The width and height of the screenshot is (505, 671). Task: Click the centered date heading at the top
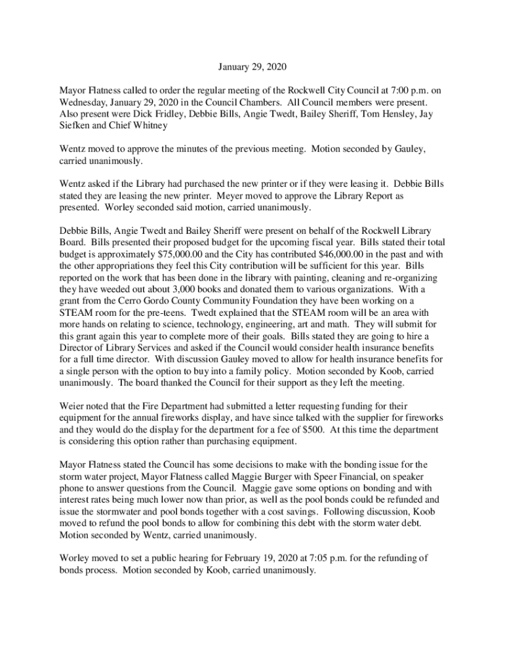253,67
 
